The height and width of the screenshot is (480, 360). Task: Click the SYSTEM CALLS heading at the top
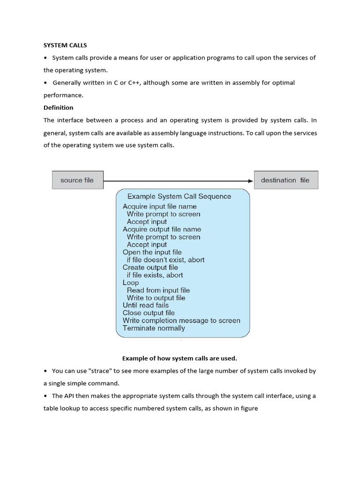point(65,45)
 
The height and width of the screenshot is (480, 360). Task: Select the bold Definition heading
point(59,108)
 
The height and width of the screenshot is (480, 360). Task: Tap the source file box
point(77,180)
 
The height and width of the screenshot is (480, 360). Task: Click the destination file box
point(285,180)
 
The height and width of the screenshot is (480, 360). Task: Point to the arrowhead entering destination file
point(250,180)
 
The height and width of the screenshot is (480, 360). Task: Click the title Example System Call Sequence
point(179,196)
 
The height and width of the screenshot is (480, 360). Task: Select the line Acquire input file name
point(159,207)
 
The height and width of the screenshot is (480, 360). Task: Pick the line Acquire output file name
point(162,229)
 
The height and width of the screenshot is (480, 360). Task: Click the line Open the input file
point(152,252)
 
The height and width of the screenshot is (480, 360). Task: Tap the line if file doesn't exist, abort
point(165,260)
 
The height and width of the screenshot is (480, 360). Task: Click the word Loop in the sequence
point(131,283)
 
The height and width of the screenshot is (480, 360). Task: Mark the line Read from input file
point(158,290)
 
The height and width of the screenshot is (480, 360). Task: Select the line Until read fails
point(145,305)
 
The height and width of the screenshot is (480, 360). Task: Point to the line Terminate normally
point(154,328)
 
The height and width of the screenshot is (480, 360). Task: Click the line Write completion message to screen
point(181,321)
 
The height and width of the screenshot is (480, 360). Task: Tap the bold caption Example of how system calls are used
point(180,359)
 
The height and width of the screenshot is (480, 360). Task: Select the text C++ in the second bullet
point(134,83)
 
